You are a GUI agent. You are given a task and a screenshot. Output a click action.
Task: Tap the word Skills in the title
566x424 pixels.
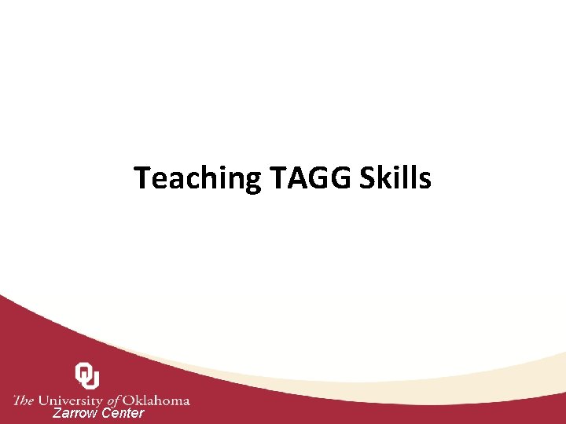(395, 179)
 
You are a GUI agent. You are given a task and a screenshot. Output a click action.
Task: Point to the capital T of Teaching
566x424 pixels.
(142, 179)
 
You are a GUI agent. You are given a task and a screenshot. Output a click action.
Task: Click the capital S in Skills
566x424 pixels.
(367, 179)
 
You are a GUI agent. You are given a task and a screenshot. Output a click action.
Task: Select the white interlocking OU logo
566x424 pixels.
(87, 375)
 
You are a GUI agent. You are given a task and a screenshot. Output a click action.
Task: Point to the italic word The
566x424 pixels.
(24, 400)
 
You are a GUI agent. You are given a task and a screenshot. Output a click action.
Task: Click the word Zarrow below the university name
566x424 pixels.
(75, 413)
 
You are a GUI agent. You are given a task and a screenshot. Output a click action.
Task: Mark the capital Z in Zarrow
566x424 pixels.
(57, 413)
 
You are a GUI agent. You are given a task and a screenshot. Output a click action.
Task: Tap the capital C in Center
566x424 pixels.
(108, 413)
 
